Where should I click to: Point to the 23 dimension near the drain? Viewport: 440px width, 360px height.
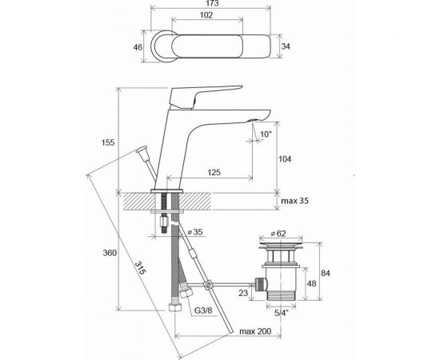pos(242,293)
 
